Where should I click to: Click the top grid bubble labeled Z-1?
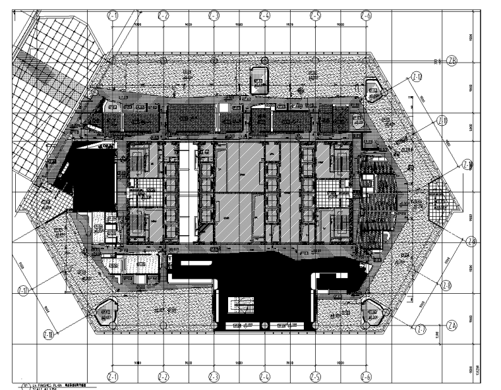(x=113, y=14)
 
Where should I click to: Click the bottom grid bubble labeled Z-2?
(x=163, y=377)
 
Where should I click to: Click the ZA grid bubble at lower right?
(x=452, y=325)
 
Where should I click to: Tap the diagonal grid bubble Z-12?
(x=417, y=76)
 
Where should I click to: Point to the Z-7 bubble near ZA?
(x=421, y=329)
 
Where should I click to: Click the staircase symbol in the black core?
(x=235, y=305)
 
